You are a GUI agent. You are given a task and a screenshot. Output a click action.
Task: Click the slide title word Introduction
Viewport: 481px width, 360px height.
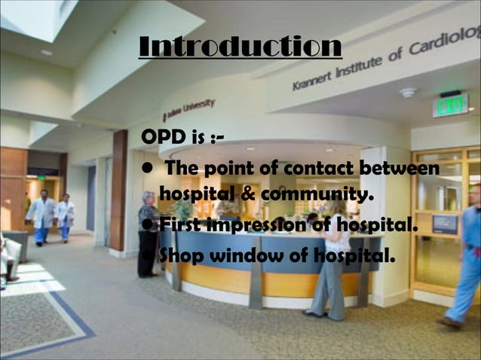coord(240,47)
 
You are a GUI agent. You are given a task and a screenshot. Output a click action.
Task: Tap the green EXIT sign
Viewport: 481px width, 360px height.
coord(450,105)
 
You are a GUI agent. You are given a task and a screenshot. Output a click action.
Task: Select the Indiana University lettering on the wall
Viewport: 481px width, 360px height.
coord(189,108)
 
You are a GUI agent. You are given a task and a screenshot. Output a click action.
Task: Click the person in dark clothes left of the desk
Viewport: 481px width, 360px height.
coord(148,234)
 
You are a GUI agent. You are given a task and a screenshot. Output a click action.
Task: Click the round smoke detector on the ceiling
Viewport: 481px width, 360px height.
coord(409,93)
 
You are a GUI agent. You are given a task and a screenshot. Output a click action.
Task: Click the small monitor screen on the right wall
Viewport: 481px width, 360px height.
coord(444,224)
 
